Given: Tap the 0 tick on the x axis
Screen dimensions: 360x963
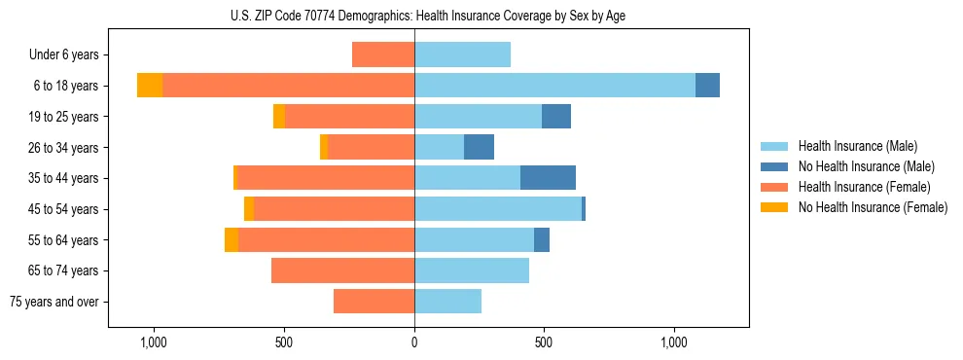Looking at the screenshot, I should point(414,342).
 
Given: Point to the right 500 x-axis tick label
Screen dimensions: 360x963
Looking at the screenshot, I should point(544,342).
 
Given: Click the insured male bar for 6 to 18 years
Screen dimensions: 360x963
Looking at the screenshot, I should point(554,86).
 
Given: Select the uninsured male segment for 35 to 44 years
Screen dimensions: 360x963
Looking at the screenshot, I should point(548,178).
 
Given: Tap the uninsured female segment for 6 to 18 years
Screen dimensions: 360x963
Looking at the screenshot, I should point(150,86).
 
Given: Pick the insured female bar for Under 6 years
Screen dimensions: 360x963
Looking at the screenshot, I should point(383,54).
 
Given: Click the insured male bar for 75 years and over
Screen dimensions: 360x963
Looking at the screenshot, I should point(447,302).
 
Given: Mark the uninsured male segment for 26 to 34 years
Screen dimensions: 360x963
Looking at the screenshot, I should point(479,147).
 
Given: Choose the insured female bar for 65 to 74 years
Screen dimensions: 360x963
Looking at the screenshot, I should point(342,270).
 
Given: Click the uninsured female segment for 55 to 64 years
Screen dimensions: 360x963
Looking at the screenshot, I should point(232,239).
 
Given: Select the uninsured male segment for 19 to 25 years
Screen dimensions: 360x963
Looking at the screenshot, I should point(556,117).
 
